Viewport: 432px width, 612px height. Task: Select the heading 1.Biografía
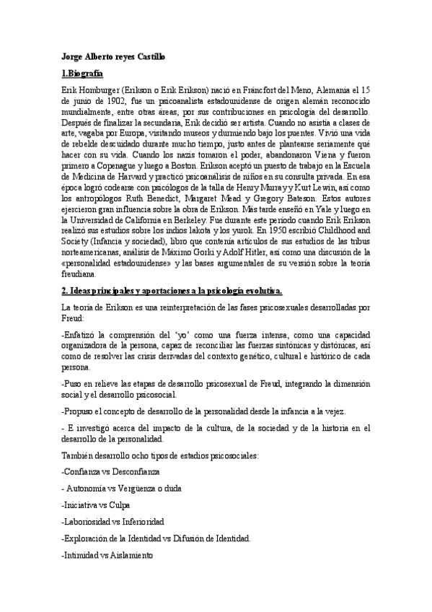pyautogui.click(x=82, y=74)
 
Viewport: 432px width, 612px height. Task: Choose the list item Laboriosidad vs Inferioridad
pyautogui.click(x=113, y=521)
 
